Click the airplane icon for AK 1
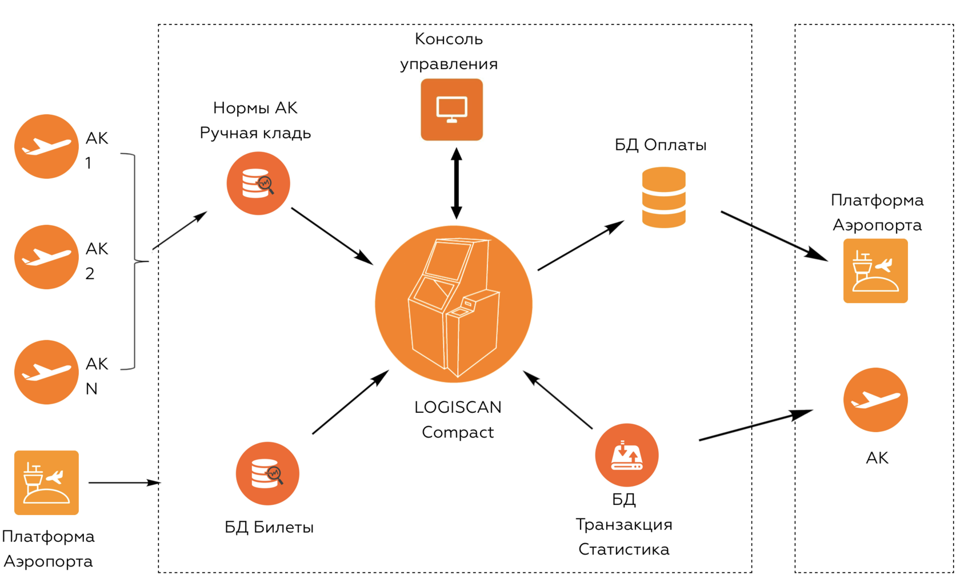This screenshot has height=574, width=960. (x=46, y=146)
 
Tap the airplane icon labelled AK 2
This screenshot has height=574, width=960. (x=46, y=257)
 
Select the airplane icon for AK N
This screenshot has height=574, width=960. (x=46, y=372)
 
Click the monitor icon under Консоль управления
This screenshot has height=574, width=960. (x=451, y=110)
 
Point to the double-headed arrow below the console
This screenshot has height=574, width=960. (x=456, y=183)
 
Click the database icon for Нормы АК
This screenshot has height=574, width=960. (x=258, y=184)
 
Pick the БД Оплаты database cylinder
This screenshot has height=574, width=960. (x=663, y=197)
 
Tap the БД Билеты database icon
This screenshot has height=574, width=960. (x=267, y=473)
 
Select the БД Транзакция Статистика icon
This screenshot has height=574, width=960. (x=627, y=455)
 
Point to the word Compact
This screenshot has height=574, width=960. (x=458, y=432)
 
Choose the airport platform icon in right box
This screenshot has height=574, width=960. (x=875, y=271)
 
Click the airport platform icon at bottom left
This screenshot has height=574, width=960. (x=46, y=483)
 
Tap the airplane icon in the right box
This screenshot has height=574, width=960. (x=875, y=400)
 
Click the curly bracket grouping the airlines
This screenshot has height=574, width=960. (x=135, y=261)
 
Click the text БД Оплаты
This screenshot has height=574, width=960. (x=661, y=145)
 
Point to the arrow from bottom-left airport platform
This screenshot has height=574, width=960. (x=124, y=483)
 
